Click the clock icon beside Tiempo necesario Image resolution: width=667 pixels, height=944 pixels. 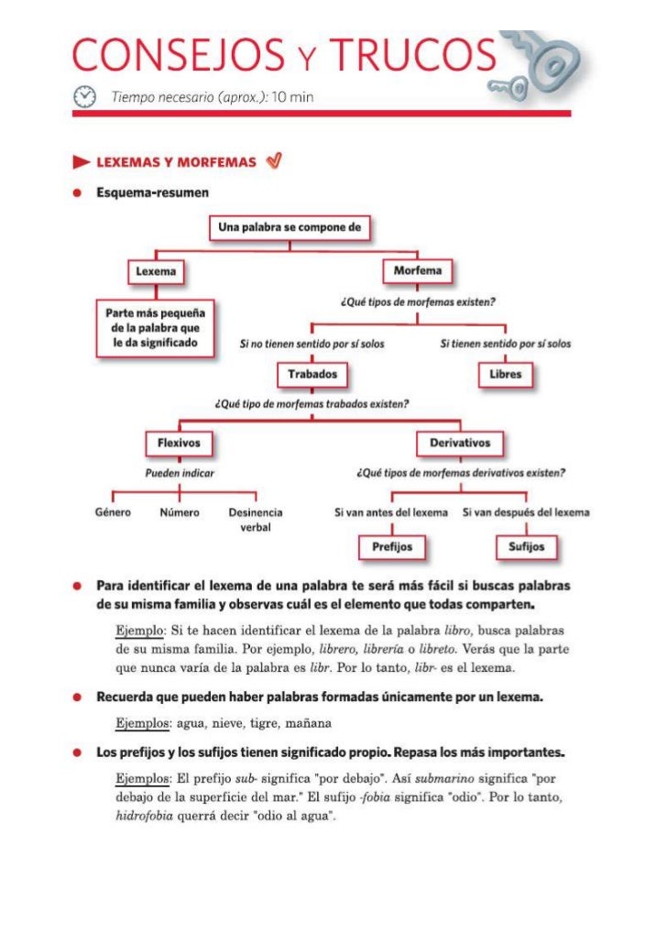pyautogui.click(x=85, y=95)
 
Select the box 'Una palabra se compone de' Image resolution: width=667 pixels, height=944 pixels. pyautogui.click(x=290, y=228)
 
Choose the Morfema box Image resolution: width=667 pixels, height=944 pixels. pyautogui.click(x=417, y=271)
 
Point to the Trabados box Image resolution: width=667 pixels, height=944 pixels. pyautogui.click(x=312, y=374)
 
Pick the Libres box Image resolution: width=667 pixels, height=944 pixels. pyautogui.click(x=506, y=374)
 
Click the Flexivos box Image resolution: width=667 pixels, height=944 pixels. pyautogui.click(x=180, y=443)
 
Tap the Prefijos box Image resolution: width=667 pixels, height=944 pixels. pyautogui.click(x=391, y=546)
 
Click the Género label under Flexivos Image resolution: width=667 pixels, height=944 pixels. pyautogui.click(x=113, y=512)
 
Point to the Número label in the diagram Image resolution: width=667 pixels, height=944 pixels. pyautogui.click(x=180, y=512)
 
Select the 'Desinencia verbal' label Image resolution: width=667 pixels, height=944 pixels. pyautogui.click(x=255, y=520)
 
